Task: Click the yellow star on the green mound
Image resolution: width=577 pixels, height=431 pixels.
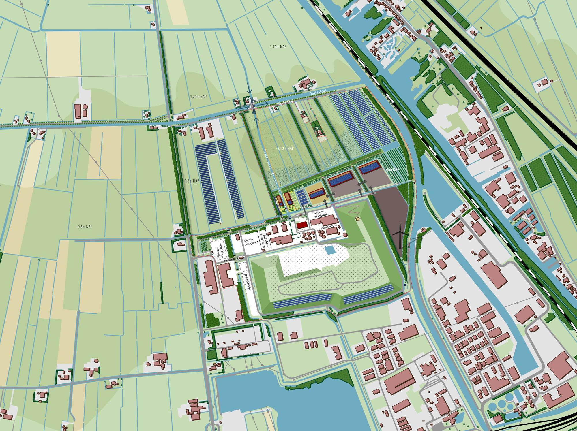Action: [x=358, y=219]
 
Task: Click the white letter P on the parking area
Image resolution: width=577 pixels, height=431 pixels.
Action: [x=301, y=196]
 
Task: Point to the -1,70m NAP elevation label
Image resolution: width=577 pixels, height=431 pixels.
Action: [x=277, y=46]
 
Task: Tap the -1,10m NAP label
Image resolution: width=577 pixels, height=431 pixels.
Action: [x=284, y=148]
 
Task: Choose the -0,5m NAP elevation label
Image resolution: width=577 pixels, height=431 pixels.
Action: [x=192, y=181]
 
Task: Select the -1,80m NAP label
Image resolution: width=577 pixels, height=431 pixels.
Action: [x=390, y=170]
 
